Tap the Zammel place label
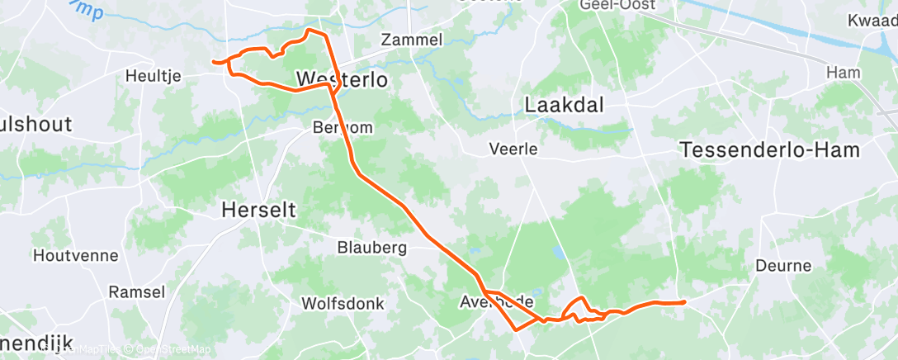412,40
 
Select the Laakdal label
565,105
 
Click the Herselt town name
258,211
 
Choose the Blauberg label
371,247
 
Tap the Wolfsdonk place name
343,303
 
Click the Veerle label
513,149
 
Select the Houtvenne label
75,255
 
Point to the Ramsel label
137,291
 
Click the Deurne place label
783,266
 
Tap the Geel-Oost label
617,5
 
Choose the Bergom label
343,127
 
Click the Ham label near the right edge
844,73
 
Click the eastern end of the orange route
684,302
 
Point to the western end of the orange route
214,61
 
